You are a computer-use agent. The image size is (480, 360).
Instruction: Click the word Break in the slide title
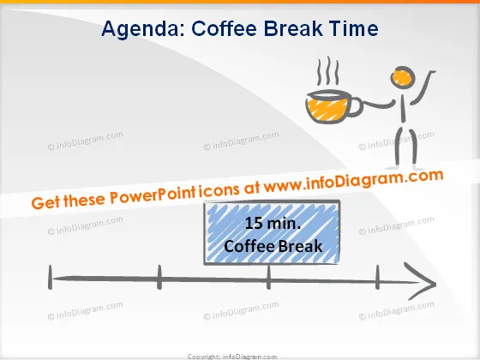click(x=293, y=28)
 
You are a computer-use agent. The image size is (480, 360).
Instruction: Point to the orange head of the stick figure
click(x=402, y=77)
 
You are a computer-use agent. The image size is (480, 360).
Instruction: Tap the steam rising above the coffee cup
click(x=327, y=71)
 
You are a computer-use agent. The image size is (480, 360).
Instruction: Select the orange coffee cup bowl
click(x=327, y=107)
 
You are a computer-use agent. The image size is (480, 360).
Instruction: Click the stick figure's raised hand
click(x=432, y=72)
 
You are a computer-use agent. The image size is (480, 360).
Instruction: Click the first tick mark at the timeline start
click(x=51, y=278)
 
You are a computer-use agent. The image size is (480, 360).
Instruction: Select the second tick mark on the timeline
click(x=159, y=278)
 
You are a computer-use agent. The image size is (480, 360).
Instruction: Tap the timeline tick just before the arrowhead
click(x=377, y=278)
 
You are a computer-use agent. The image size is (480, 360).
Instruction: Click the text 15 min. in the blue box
click(x=273, y=223)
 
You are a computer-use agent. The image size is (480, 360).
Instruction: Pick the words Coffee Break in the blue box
click(x=273, y=246)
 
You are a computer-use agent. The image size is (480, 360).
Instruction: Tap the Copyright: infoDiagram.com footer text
click(x=232, y=357)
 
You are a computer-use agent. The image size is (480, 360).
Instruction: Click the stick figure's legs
click(x=406, y=147)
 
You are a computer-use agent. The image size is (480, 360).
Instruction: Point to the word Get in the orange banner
click(x=45, y=202)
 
